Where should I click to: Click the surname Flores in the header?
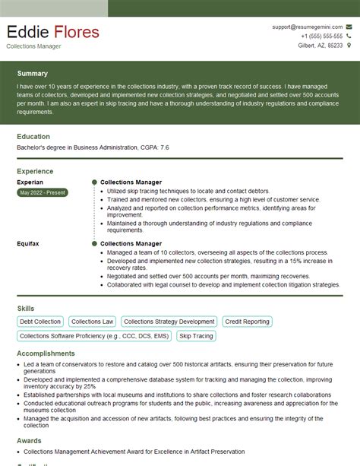pyautogui.click(x=76, y=32)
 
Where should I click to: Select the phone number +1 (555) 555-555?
pyautogui.click(x=321, y=36)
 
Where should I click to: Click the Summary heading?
pyautogui.click(x=33, y=74)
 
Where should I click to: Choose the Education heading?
pyautogui.click(x=33, y=136)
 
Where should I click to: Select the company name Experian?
pyautogui.click(x=30, y=182)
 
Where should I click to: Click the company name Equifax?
pyautogui.click(x=28, y=243)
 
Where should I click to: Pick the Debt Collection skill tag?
pyautogui.click(x=40, y=322)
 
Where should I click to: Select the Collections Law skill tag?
pyautogui.click(x=93, y=322)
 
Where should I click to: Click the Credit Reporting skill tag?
pyautogui.click(x=248, y=322)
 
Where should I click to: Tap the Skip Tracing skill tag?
pyautogui.click(x=195, y=335)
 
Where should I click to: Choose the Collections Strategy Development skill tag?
pyautogui.click(x=169, y=322)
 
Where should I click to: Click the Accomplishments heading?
pyautogui.click(x=46, y=353)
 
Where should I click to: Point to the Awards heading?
pyautogui.click(x=29, y=440)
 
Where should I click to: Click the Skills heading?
pyautogui.click(x=26, y=308)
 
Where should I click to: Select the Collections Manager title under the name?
pyautogui.click(x=34, y=46)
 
